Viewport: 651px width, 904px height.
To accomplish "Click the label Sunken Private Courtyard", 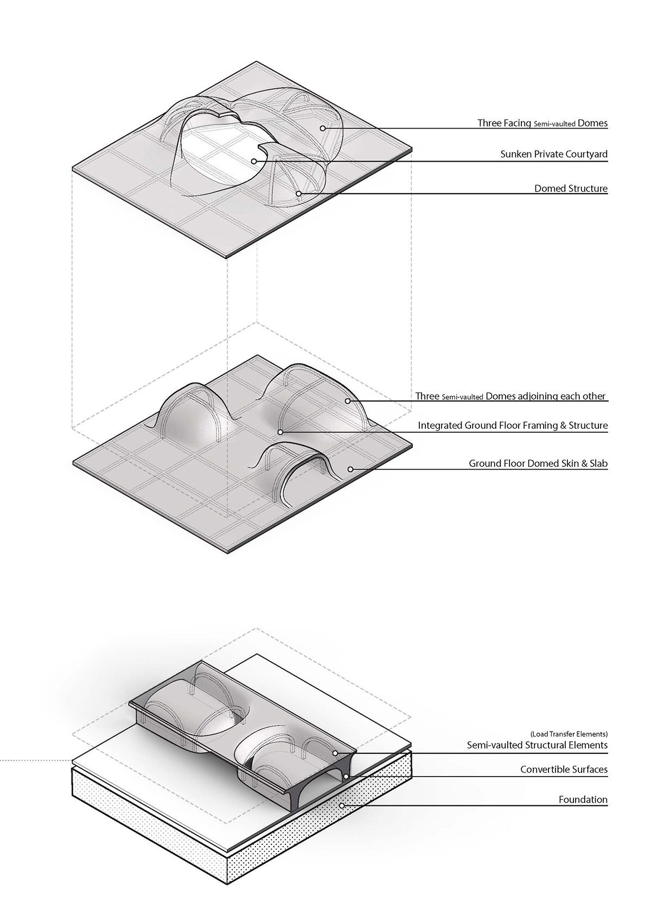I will [553, 155].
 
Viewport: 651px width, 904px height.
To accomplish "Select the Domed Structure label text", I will [571, 189].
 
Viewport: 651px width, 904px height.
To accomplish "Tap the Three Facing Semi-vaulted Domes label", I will [542, 123].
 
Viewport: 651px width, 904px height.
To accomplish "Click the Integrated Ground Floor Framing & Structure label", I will [512, 426].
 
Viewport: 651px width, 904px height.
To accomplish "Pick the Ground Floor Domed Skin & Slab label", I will [538, 464].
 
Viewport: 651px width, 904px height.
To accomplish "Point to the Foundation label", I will [583, 800].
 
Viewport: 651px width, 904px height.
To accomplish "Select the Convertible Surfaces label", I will [564, 770].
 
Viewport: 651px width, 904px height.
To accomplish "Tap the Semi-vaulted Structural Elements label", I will [537, 745].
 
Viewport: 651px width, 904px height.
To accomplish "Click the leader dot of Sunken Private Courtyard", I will [253, 161].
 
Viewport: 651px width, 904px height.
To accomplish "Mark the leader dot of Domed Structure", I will [298, 193].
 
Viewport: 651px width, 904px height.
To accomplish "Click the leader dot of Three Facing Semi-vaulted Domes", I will [322, 128].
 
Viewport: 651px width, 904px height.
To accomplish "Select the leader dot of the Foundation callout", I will [342, 806].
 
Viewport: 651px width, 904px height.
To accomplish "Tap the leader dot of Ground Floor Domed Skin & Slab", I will [350, 469].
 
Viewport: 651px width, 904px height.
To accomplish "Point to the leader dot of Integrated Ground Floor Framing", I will [280, 432].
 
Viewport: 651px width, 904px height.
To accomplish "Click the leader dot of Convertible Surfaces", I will [345, 777].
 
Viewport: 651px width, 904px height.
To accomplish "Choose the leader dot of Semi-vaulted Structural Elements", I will [336, 753].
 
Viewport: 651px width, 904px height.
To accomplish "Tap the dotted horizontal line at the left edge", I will [33, 760].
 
